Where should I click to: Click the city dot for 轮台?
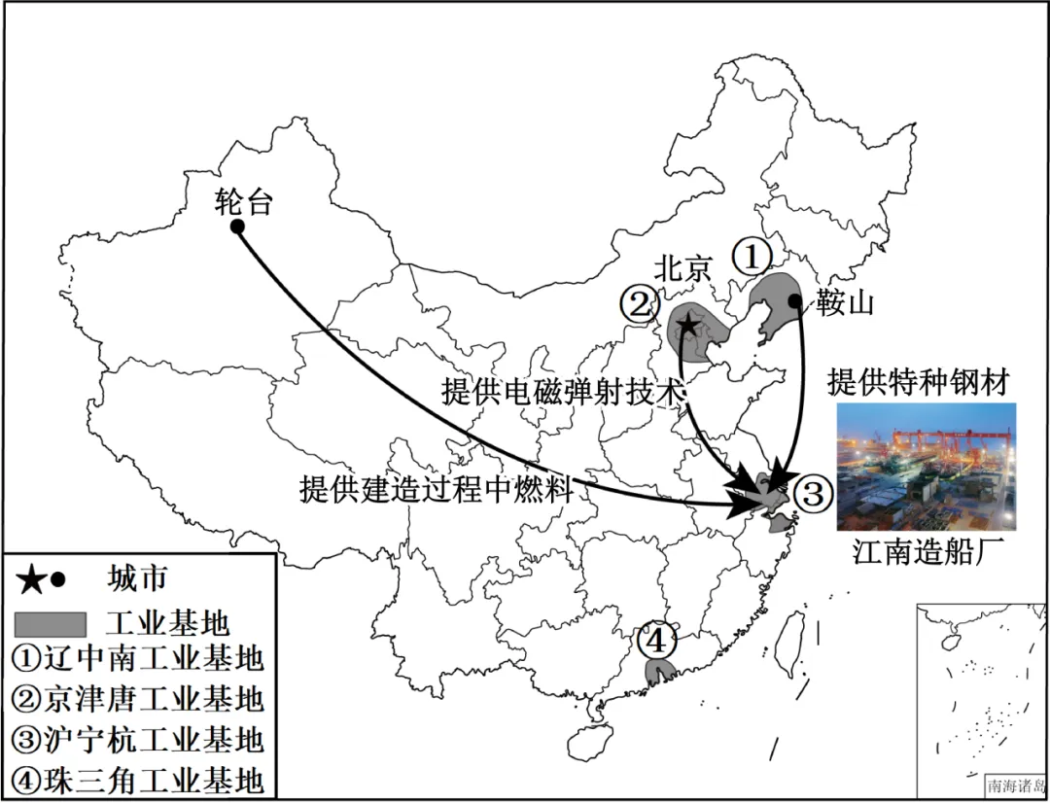coord(236,226)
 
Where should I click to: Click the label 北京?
coord(682,268)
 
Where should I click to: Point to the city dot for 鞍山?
coord(795,301)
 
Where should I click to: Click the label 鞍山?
coord(845,303)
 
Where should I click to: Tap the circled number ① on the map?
coord(752,257)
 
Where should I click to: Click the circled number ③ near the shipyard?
coord(813,494)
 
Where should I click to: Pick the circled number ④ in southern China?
coord(657,641)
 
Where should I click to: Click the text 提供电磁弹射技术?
coord(564,391)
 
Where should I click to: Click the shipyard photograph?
coord(926,467)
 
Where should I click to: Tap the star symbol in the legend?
coord(31,580)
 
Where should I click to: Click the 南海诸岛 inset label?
coord(1016,786)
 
